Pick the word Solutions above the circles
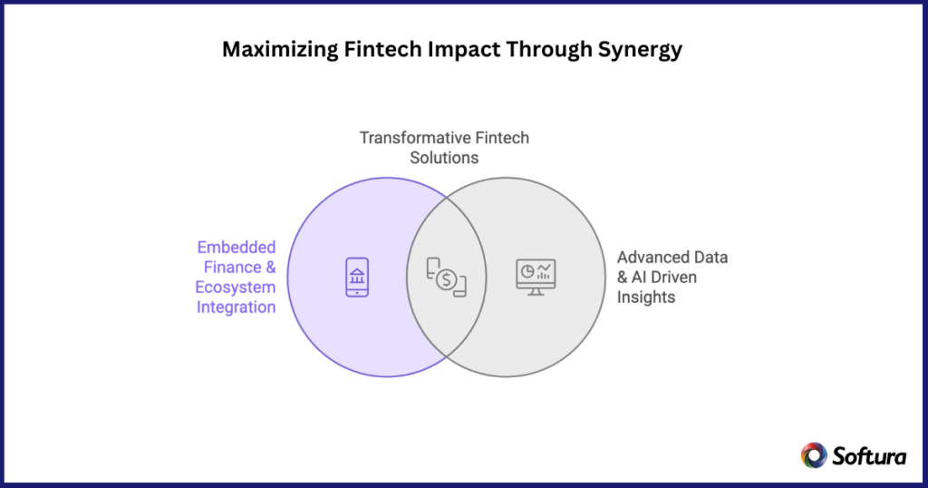[444, 158]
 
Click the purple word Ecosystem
[236, 287]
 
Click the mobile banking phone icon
[357, 277]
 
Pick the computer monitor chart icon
[536, 276]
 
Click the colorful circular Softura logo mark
[813, 455]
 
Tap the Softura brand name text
[868, 456]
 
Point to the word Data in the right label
[711, 257]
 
